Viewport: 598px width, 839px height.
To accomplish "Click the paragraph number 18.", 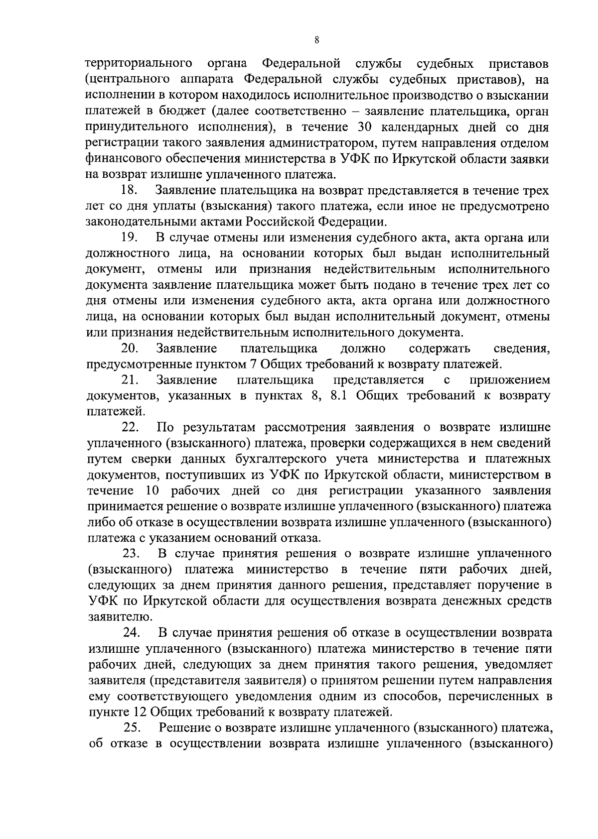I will click(x=129, y=191).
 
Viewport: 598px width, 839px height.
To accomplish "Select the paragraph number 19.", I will click(x=129, y=238).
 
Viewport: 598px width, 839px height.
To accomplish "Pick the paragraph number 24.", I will click(x=132, y=632).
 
